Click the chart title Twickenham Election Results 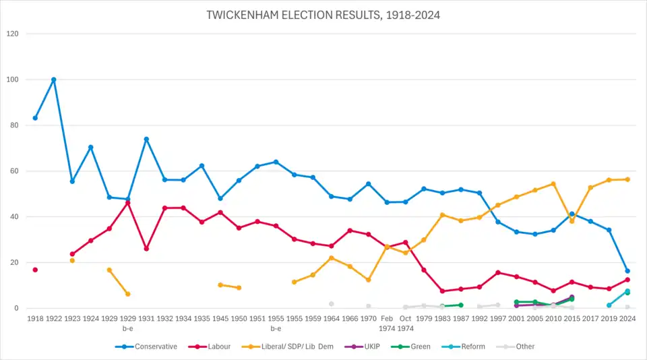tap(323, 14)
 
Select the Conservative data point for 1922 tap(54, 80)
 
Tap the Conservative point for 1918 tap(35, 118)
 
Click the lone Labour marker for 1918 tap(35, 270)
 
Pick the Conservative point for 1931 tap(146, 140)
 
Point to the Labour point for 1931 tap(146, 249)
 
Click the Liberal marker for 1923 tap(72, 260)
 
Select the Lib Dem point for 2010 tap(553, 183)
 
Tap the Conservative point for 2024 tap(627, 271)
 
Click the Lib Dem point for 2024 tap(627, 179)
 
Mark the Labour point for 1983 tap(442, 291)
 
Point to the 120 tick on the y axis tap(13, 34)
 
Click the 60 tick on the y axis tap(15, 171)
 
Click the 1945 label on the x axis tap(220, 318)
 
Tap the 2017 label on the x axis tap(590, 318)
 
